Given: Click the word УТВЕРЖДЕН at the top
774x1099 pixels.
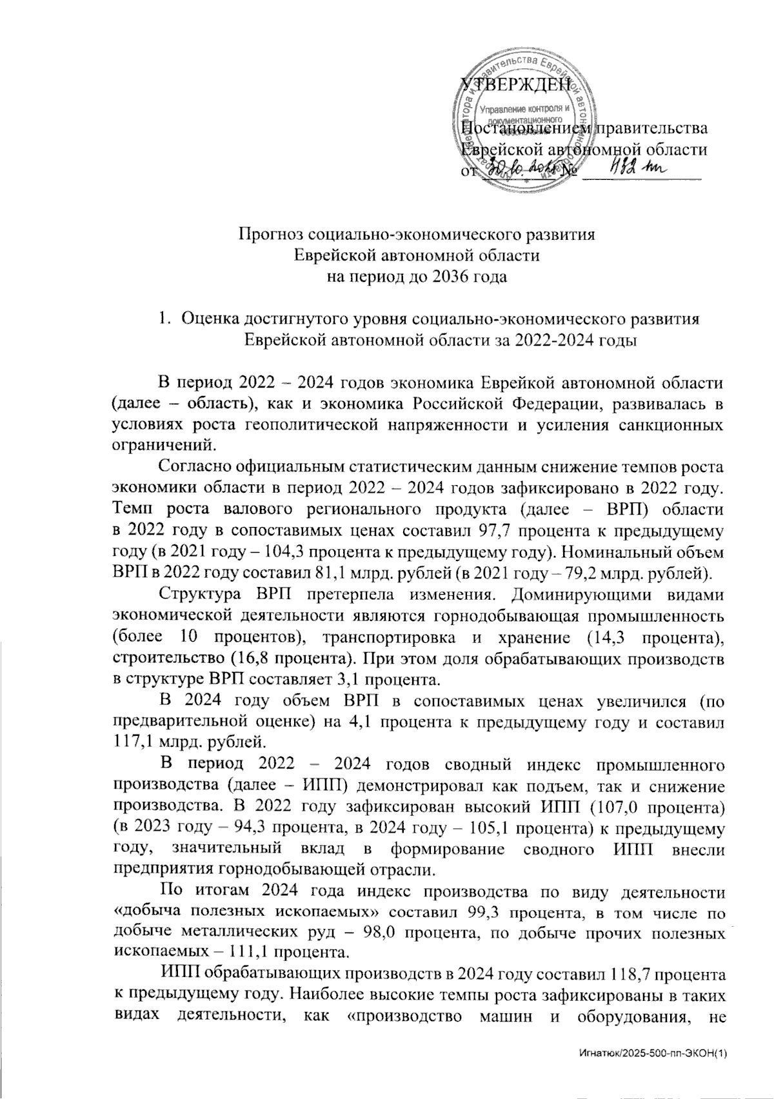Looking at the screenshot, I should click(516, 84).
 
